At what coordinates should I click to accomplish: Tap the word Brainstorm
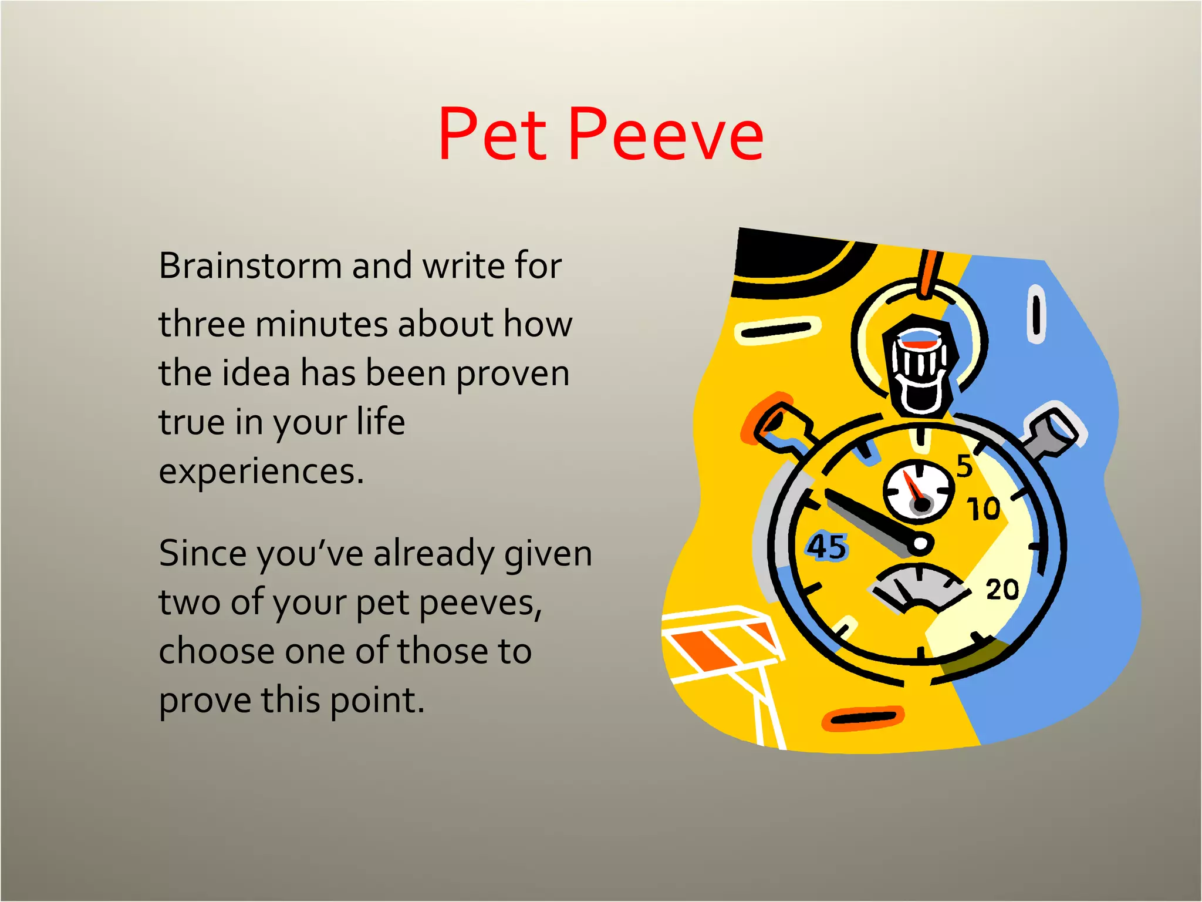point(250,266)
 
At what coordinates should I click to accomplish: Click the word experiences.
point(261,471)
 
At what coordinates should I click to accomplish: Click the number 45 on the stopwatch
point(827,547)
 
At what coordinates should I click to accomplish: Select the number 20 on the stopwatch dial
point(1002,589)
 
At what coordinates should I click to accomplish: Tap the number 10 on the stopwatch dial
point(983,509)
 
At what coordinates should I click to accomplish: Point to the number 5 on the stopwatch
point(964,466)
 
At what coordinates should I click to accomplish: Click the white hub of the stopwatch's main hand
point(920,544)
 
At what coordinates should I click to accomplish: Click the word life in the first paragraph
point(381,422)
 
